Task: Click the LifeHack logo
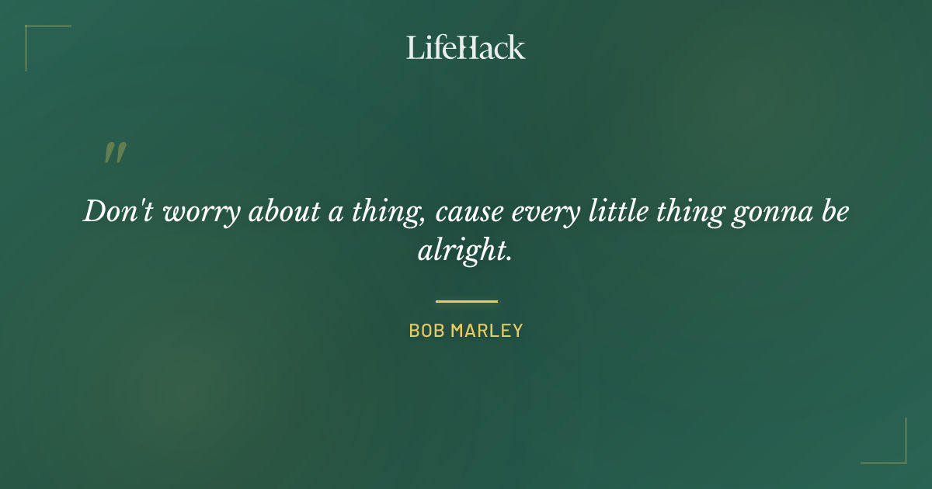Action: [466, 47]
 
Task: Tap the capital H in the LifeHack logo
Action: [467, 47]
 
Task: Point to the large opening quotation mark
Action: [114, 153]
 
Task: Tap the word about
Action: [283, 212]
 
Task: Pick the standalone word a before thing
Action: [336, 214]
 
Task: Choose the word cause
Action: [465, 214]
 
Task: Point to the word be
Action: [834, 212]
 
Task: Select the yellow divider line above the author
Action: [466, 301]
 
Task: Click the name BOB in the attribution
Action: [426, 331]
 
